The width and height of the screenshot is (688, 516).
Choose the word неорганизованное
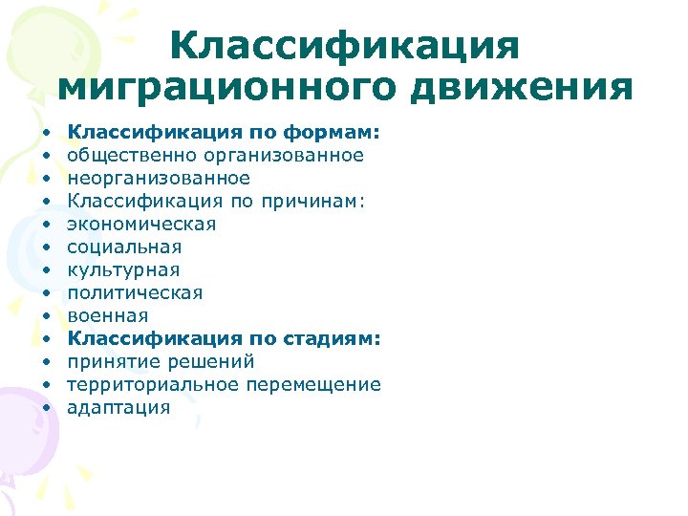click(159, 178)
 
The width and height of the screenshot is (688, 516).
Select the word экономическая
click(141, 224)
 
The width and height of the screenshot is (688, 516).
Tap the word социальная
click(124, 247)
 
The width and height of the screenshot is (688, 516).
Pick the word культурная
click(123, 269)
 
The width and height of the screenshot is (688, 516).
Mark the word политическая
click(135, 292)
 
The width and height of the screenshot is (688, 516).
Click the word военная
click(107, 315)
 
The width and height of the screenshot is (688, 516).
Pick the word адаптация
click(118, 407)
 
